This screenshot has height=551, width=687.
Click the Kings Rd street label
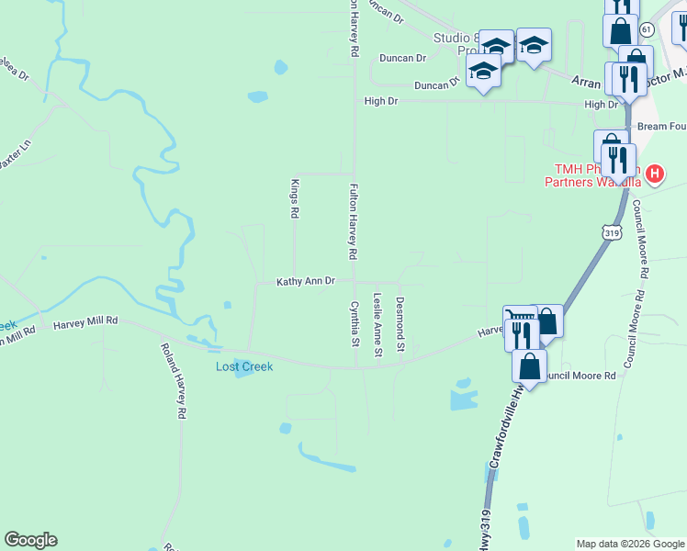(295, 198)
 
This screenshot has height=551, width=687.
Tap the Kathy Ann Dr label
(306, 282)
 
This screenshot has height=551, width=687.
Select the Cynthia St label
(355, 324)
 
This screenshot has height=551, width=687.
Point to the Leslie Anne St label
(377, 324)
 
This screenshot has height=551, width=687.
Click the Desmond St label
(400, 324)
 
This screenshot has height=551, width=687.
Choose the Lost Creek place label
(244, 366)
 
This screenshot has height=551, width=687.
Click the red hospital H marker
(654, 173)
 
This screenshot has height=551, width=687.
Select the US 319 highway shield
(613, 232)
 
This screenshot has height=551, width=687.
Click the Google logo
(30, 540)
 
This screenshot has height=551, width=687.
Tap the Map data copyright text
(630, 544)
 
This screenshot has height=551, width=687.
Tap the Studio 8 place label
(457, 38)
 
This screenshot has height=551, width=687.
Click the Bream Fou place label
(661, 126)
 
